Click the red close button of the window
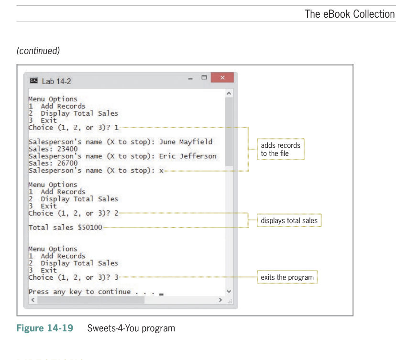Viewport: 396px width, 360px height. coord(222,77)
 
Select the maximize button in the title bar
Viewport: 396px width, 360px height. coord(204,77)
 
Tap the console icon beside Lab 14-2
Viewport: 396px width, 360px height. coord(33,81)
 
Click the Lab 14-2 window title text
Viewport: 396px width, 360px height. coord(56,81)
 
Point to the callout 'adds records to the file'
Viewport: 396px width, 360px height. coord(281,149)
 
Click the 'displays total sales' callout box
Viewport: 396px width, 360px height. coord(288,220)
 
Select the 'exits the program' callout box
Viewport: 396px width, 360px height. coord(287,277)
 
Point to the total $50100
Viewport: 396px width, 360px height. coord(89,228)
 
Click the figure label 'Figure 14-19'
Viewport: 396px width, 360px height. coord(45,328)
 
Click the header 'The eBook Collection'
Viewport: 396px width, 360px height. coord(350,14)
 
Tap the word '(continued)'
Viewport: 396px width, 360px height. coord(38,51)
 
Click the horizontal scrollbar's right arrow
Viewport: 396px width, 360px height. coord(220,300)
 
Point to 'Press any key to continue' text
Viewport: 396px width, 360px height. coord(79,292)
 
